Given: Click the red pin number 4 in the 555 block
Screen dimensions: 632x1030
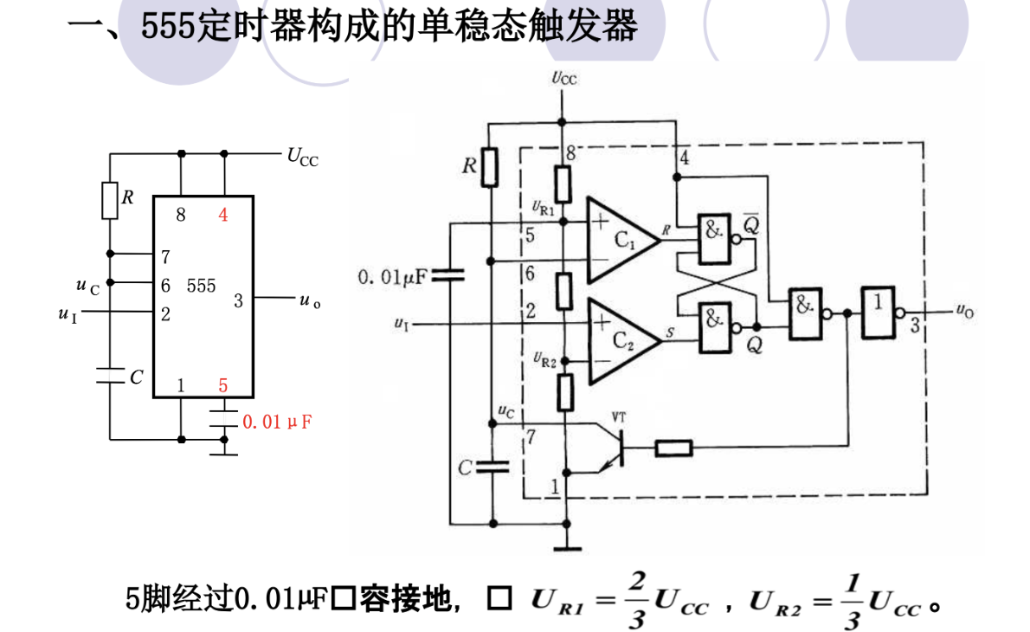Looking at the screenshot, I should click(x=223, y=215).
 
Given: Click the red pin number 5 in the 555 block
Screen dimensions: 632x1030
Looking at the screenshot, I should click(x=223, y=385).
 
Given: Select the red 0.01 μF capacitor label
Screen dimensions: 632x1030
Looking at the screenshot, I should click(x=276, y=422).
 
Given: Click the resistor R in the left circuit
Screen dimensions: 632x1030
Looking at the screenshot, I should click(x=110, y=200).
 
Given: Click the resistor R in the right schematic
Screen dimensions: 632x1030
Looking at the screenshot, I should click(x=489, y=166).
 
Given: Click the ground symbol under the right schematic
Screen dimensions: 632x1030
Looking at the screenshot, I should click(x=565, y=545).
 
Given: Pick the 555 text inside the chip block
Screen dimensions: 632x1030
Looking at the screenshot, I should click(x=201, y=286).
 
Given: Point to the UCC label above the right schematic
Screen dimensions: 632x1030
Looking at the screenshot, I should click(x=563, y=79).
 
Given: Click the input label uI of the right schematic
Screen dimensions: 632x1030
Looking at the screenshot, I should click(x=400, y=324).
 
